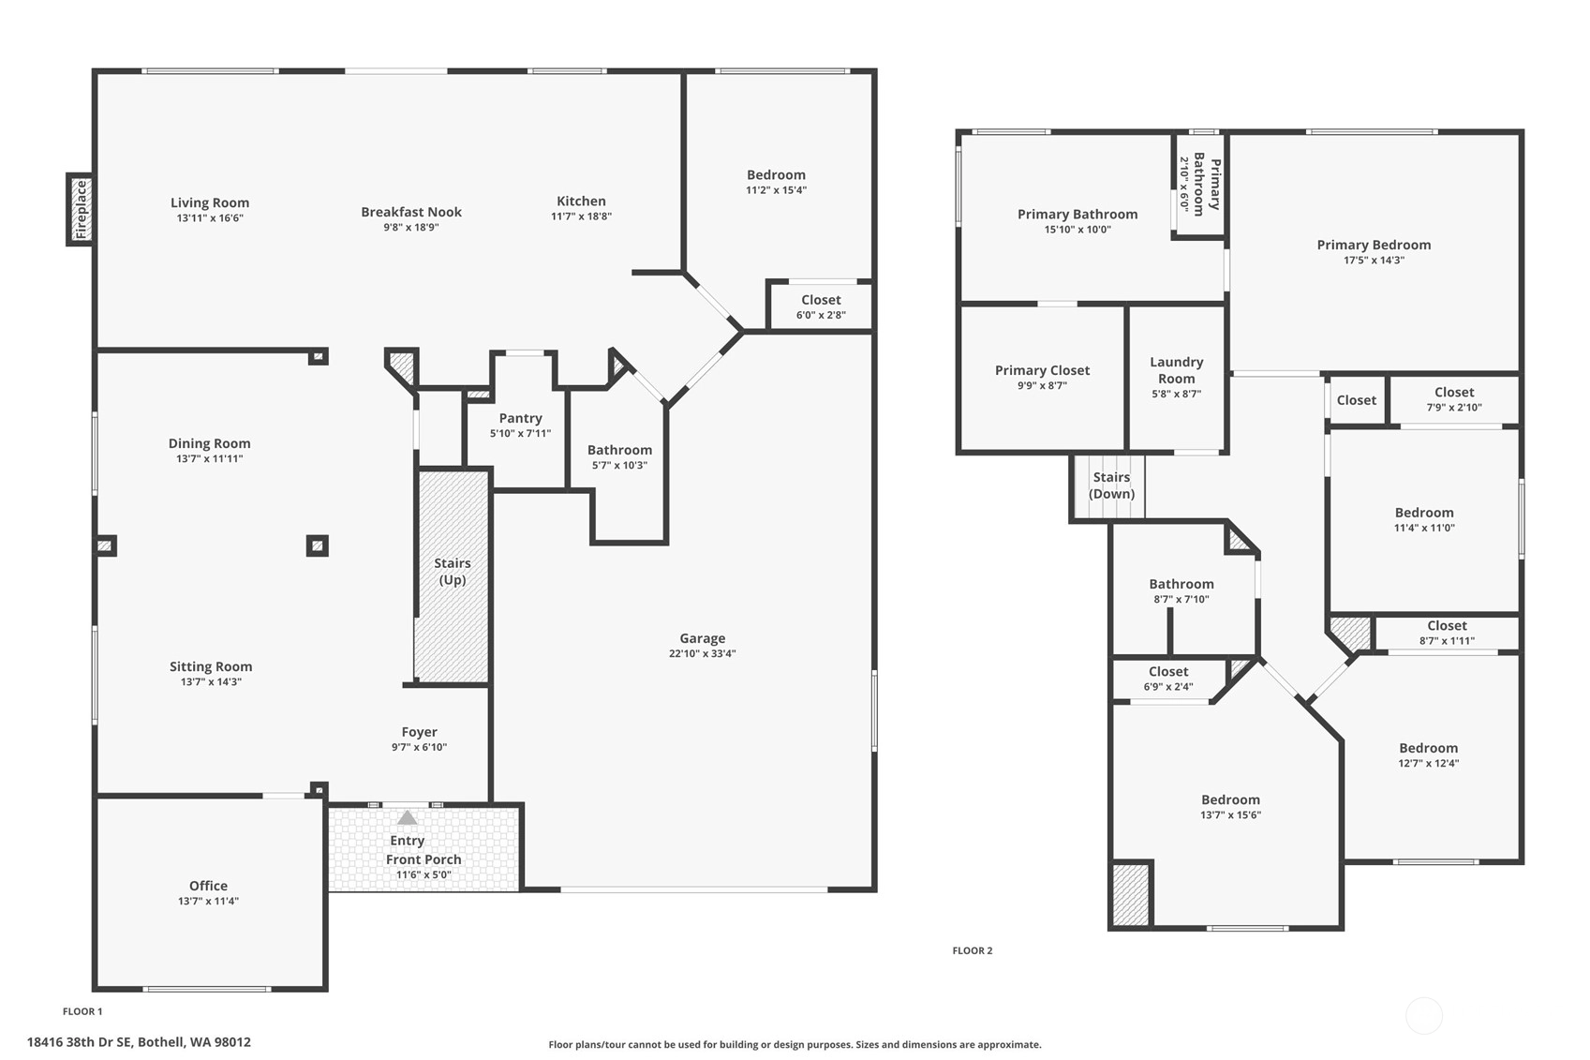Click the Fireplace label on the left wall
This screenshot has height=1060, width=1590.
[81, 209]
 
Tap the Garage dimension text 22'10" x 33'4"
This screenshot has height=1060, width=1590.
[702, 653]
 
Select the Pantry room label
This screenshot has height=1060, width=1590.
[520, 418]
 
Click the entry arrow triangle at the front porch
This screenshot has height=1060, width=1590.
[407, 818]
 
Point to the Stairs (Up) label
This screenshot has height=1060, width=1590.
[453, 572]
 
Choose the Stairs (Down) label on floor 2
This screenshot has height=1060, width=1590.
[1111, 485]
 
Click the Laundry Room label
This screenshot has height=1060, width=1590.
[1176, 370]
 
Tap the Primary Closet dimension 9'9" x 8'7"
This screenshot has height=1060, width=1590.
[1042, 385]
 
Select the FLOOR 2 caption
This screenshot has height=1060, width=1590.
[973, 950]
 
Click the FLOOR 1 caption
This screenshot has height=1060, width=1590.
[82, 1011]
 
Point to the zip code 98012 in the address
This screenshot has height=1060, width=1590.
[232, 1042]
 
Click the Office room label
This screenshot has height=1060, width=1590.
[208, 886]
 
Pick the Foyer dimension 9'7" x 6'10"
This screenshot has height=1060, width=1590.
[419, 747]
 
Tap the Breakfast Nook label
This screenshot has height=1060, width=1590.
[411, 212]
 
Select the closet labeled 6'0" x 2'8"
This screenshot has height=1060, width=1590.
[821, 306]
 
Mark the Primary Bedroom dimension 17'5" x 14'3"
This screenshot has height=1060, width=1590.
[1374, 260]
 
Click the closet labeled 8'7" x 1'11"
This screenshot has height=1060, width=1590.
[1447, 633]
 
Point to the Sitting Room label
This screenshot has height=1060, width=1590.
[211, 666]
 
